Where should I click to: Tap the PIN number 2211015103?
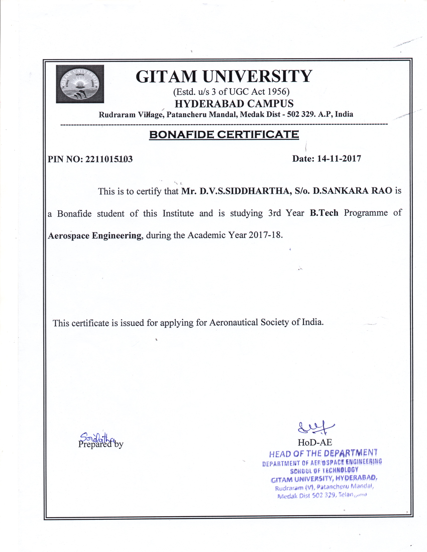(109, 159)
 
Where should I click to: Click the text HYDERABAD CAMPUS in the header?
(234, 104)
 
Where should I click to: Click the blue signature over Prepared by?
(97, 437)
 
